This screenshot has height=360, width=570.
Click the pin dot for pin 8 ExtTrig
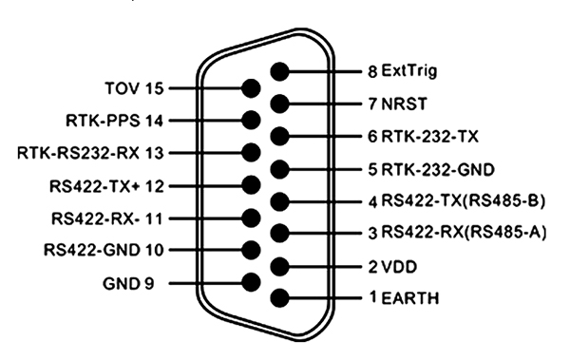(x=280, y=72)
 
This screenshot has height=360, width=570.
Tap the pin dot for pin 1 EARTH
(x=280, y=298)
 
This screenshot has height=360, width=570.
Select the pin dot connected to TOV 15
(x=252, y=89)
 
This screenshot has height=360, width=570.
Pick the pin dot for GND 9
(x=252, y=282)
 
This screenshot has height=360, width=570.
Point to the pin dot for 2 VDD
(x=280, y=266)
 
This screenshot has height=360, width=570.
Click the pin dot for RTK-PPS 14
(x=252, y=121)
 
